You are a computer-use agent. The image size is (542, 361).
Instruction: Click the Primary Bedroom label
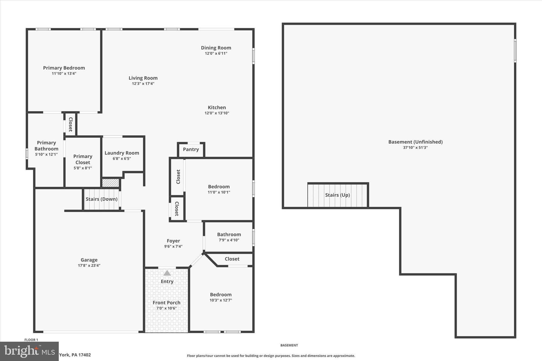(x=64, y=68)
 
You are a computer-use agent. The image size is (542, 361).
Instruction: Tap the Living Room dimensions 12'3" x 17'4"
(x=143, y=84)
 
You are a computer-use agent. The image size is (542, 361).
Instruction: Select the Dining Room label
(x=216, y=48)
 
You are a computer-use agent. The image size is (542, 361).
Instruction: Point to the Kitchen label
(x=217, y=107)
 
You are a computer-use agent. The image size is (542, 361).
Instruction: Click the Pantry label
(x=191, y=149)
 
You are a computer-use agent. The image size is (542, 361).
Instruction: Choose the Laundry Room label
(x=122, y=153)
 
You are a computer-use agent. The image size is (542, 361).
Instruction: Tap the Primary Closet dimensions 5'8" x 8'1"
(x=83, y=168)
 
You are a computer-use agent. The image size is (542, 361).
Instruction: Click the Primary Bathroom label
(x=46, y=146)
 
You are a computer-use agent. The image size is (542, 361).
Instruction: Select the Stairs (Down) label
(x=102, y=199)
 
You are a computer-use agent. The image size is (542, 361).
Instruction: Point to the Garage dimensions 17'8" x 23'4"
(x=89, y=266)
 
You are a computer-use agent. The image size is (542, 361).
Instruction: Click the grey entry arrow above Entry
(x=167, y=273)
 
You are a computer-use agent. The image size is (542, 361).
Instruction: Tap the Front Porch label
(x=166, y=303)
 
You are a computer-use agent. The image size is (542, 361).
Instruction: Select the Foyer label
(x=173, y=241)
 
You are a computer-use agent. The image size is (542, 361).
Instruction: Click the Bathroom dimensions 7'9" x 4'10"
(x=229, y=240)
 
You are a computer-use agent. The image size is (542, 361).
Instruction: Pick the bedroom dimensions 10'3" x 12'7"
(x=221, y=300)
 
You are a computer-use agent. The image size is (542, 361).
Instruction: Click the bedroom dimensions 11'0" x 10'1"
(x=219, y=192)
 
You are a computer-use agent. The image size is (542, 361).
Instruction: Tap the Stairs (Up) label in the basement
(x=337, y=195)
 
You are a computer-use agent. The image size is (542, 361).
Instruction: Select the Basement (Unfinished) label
(x=415, y=142)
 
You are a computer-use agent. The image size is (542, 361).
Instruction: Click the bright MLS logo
(x=29, y=351)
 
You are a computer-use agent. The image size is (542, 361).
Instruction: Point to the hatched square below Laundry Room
(x=111, y=183)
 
